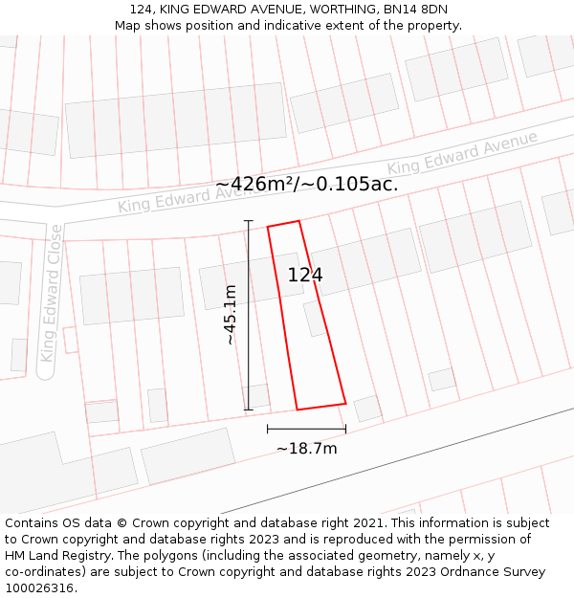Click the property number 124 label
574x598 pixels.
point(305,276)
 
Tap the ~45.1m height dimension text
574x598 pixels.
point(230,315)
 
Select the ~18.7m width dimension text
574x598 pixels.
point(306,448)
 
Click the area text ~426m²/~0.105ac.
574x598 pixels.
point(306,185)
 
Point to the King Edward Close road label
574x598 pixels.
point(51,293)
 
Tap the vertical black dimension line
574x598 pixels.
point(249,316)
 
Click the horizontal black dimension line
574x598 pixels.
point(306,429)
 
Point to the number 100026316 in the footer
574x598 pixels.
point(39,587)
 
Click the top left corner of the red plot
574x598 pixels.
point(268,227)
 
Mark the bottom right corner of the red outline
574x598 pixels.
point(345,403)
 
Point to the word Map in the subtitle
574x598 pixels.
point(128,26)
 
